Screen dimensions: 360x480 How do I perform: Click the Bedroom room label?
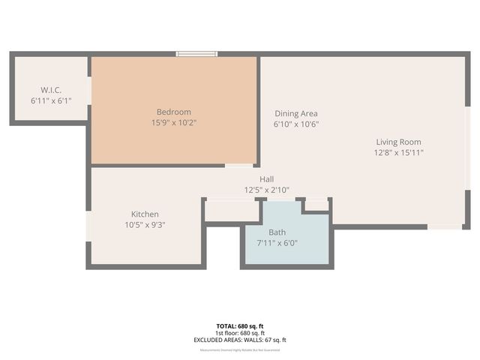(x=173, y=112)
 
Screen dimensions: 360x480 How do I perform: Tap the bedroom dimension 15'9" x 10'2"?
(x=173, y=122)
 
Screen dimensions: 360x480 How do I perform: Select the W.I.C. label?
(x=50, y=90)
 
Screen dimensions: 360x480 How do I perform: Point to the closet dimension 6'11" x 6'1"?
(x=50, y=100)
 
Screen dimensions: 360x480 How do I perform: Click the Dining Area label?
(x=296, y=114)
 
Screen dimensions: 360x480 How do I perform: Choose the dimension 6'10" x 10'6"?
(x=296, y=124)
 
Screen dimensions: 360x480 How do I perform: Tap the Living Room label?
(x=398, y=142)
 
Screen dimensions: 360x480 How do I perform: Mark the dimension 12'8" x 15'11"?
(x=398, y=152)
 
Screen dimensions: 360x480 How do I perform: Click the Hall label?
(x=266, y=179)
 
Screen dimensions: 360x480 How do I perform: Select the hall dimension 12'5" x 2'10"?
(x=266, y=190)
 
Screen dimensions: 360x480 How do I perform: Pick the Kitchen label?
(x=145, y=214)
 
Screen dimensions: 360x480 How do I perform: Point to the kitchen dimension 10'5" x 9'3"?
(x=145, y=224)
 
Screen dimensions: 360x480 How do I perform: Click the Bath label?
(x=277, y=232)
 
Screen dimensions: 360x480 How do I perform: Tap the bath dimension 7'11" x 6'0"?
(x=277, y=243)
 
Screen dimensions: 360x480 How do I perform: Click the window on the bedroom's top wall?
(x=196, y=53)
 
